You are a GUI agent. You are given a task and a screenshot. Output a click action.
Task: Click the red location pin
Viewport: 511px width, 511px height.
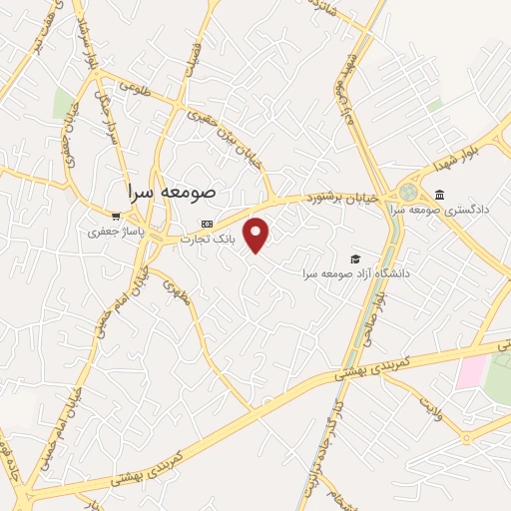tap(256, 234)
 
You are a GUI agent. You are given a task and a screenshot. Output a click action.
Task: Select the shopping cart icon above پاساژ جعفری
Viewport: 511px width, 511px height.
tap(116, 216)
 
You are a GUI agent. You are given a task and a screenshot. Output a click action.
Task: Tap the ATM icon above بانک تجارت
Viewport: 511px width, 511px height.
tap(207, 224)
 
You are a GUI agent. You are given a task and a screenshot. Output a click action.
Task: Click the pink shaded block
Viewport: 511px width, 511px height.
tap(470, 372)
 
